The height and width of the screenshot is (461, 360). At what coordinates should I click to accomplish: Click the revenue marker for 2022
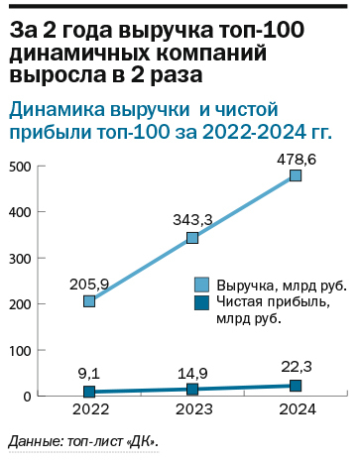click(89, 300)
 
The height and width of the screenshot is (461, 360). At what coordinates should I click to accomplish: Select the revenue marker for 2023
click(192, 238)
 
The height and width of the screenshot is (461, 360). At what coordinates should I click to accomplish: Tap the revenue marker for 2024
click(296, 175)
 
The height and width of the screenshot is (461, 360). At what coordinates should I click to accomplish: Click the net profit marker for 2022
click(89, 392)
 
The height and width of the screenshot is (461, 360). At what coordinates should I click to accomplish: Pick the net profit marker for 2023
click(192, 390)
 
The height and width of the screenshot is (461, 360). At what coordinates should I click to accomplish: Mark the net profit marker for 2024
click(296, 386)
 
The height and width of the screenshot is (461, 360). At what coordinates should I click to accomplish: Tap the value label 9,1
click(89, 373)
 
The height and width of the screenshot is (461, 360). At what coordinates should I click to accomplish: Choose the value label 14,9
click(192, 372)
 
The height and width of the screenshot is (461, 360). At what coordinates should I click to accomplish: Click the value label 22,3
click(296, 367)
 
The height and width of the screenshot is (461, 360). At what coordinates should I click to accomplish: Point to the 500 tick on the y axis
click(20, 166)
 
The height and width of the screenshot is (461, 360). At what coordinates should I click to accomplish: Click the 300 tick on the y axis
click(20, 258)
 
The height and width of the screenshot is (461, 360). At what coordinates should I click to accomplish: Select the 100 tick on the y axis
click(20, 350)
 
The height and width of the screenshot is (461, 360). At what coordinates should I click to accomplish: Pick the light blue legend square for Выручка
click(200, 284)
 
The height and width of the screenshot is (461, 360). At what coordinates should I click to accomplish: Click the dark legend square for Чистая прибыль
click(200, 303)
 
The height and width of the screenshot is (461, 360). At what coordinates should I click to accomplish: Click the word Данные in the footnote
click(33, 440)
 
